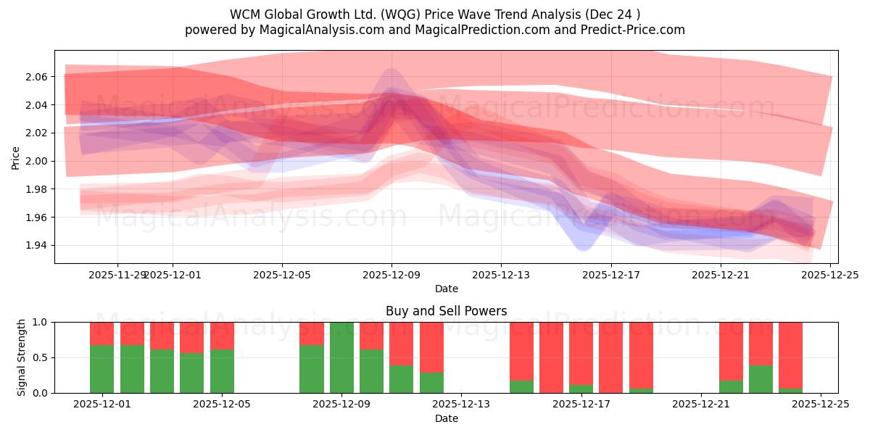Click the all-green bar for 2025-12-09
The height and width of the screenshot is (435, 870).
[x=341, y=357]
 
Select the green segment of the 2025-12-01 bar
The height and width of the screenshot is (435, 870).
[x=101, y=369]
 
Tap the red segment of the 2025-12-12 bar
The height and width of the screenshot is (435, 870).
[x=431, y=347]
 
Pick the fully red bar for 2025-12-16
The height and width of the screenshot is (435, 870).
[x=551, y=357]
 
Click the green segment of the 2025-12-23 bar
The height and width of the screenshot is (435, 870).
[x=761, y=379]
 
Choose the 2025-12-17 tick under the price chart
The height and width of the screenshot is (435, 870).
[x=610, y=275]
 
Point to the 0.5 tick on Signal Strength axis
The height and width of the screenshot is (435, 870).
[x=40, y=357]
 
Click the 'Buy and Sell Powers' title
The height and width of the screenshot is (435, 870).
[x=446, y=312]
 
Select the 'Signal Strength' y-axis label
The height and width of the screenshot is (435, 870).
[x=22, y=357]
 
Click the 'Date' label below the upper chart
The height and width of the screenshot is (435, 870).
[x=446, y=289]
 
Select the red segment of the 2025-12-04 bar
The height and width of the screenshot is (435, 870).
[x=191, y=337]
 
